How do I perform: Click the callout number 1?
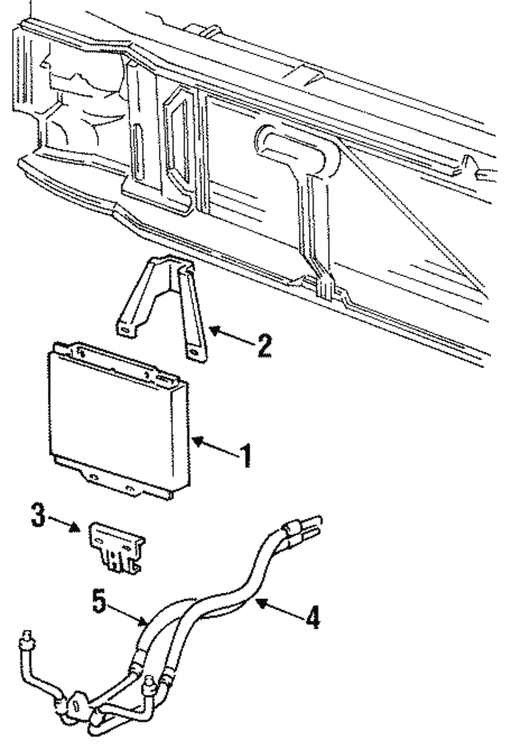(247, 456)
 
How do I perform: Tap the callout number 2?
(263, 346)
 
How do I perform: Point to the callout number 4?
(313, 617)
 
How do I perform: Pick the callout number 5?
(98, 601)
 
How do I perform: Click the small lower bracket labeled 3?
(116, 545)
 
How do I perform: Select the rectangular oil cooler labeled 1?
(120, 415)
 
